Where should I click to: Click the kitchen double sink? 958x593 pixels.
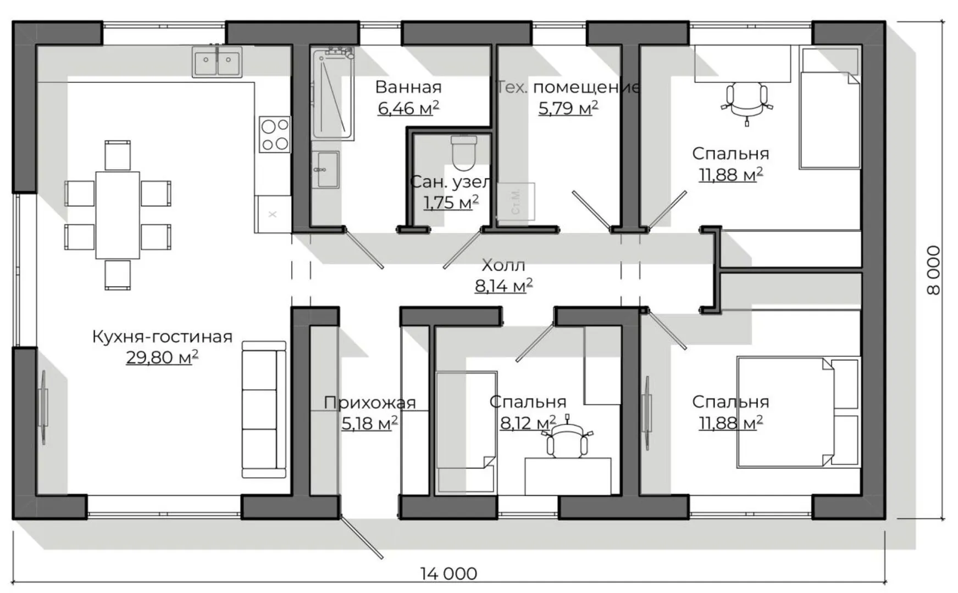(x=217, y=61)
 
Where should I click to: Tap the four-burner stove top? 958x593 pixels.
(x=275, y=135)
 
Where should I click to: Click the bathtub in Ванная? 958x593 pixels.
(x=332, y=93)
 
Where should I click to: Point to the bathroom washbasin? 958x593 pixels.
(x=326, y=170)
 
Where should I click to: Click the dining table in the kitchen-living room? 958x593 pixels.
(x=118, y=215)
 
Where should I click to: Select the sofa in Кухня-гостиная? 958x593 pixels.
(x=264, y=409)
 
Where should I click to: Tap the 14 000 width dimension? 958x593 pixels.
(x=448, y=574)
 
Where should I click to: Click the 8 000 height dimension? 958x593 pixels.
(x=933, y=270)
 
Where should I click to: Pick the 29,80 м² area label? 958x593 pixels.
(x=162, y=357)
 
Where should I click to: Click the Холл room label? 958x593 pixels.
(x=503, y=265)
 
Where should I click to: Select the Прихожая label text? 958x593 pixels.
(x=369, y=402)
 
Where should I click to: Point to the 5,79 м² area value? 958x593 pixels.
(x=568, y=108)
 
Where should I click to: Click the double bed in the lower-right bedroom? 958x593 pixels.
(x=798, y=412)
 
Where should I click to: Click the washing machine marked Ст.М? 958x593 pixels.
(x=516, y=202)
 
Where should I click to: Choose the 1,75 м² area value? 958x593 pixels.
(x=451, y=203)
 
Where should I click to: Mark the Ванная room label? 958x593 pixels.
(x=408, y=87)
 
